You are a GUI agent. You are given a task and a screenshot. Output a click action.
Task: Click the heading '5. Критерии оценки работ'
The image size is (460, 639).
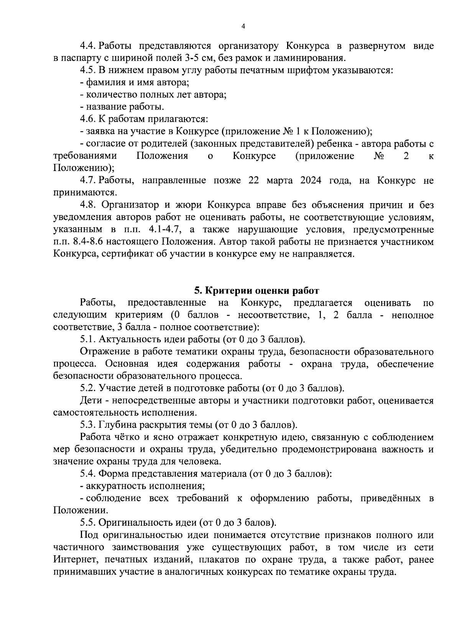(256, 290)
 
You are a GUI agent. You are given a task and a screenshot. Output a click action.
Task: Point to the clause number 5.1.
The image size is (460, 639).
(88, 339)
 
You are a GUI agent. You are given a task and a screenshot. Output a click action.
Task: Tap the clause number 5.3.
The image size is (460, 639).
(88, 425)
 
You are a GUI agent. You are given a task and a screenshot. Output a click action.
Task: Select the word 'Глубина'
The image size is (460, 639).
(117, 425)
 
